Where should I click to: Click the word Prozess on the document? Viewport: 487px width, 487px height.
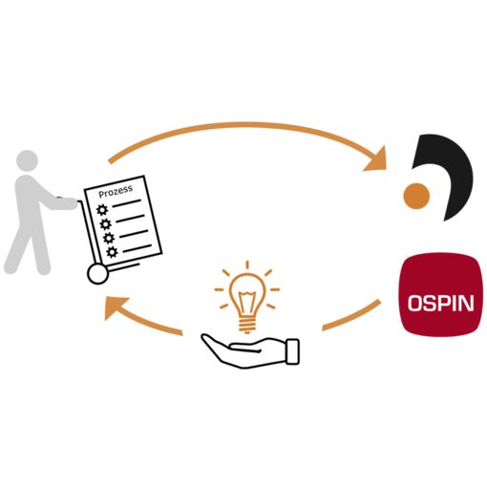[x=116, y=191]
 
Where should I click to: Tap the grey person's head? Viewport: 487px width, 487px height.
[x=28, y=160]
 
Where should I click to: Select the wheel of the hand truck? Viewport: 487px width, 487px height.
[x=98, y=274]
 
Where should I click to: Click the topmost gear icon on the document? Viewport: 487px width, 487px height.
[x=102, y=210]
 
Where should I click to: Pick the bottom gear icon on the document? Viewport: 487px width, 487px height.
[x=112, y=252]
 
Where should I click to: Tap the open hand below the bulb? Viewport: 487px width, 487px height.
[x=250, y=351]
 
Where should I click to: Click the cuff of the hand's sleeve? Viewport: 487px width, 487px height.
[x=293, y=351]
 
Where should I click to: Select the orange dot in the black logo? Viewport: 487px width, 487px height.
[x=416, y=196]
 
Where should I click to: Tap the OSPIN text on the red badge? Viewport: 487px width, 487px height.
[x=441, y=303]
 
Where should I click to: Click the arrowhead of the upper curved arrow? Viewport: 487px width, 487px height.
[x=377, y=160]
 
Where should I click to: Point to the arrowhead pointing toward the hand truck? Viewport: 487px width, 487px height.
[x=116, y=307]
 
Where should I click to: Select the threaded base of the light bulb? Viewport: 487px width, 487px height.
[x=247, y=324]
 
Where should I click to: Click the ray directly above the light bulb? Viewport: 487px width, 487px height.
[x=247, y=265]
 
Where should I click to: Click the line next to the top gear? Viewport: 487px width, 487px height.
[x=126, y=203]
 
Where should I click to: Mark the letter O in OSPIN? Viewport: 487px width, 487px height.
[x=415, y=303]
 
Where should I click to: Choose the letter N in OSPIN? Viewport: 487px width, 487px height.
[x=466, y=303]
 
